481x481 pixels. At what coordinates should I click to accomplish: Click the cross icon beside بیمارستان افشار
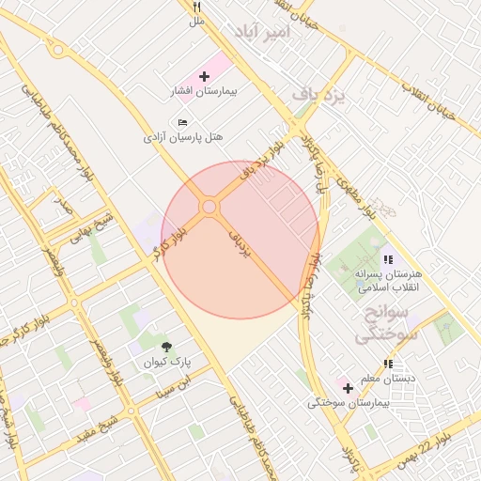pos(205,74)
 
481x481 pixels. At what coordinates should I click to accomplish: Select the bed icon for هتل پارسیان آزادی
pos(182,122)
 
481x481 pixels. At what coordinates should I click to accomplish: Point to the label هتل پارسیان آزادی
pos(183,137)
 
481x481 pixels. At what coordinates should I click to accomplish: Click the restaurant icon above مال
pos(196,5)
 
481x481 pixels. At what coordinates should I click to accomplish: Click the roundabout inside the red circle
pos(209,207)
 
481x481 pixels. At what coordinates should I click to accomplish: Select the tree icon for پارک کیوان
pos(167,348)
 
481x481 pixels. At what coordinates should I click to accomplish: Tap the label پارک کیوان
pos(167,362)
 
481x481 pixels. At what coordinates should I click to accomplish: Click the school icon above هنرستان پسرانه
pos(387,259)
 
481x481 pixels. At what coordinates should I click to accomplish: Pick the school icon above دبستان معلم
pos(388,364)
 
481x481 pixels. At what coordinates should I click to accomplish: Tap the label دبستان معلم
pos(388,378)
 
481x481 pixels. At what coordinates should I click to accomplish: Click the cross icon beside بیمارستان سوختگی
pos(348,387)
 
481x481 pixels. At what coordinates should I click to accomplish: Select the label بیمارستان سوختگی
pos(348,403)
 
